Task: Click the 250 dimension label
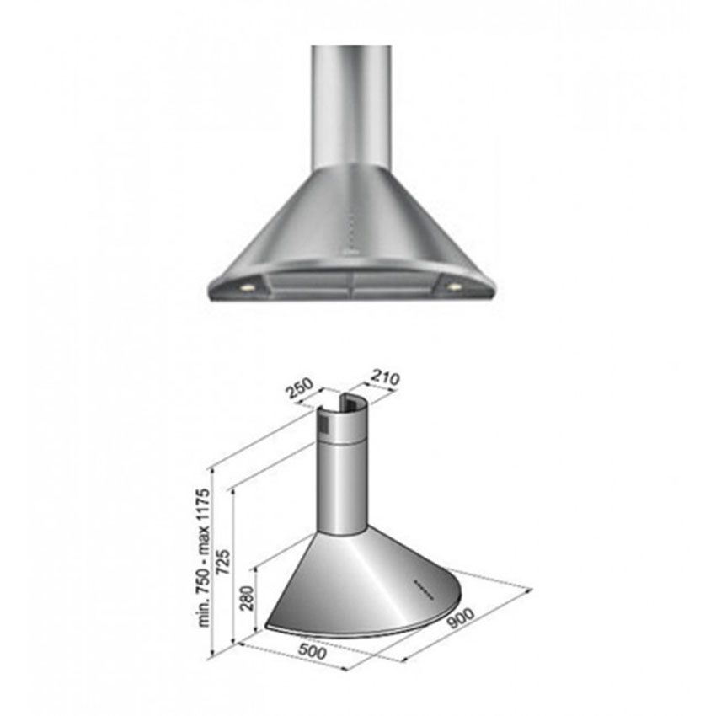click(x=300, y=389)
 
